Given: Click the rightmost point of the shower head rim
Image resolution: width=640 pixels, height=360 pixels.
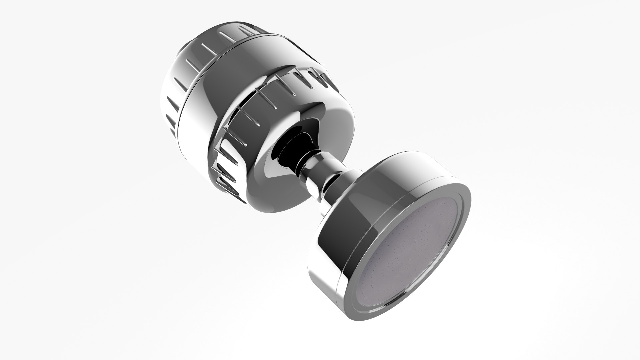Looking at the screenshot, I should [471, 203].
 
